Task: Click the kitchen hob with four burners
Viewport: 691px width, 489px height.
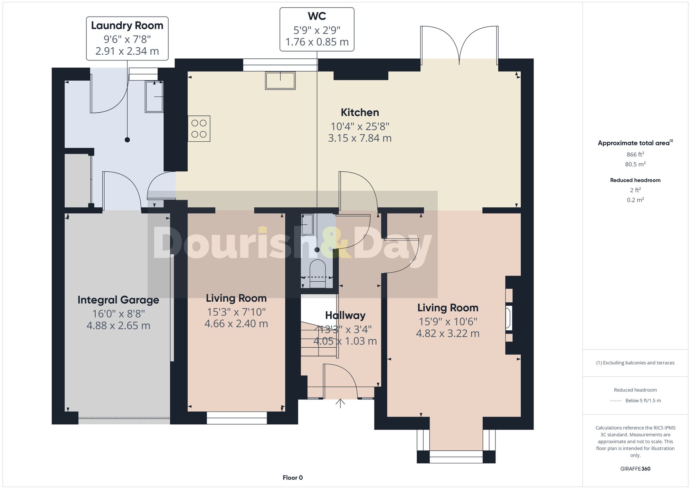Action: click(199, 129)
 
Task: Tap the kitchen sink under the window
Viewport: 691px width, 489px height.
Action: click(280, 81)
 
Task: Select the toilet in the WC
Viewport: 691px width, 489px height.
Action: click(318, 273)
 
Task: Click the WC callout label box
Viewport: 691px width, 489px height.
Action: click(317, 29)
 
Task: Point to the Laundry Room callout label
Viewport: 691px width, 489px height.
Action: click(127, 38)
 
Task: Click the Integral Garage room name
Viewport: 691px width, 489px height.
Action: click(118, 300)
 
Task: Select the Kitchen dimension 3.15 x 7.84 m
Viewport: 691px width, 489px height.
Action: click(360, 138)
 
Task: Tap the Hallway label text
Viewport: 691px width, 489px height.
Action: click(345, 316)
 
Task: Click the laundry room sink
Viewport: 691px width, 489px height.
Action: click(154, 97)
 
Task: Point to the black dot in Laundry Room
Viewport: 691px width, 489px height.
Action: click(127, 140)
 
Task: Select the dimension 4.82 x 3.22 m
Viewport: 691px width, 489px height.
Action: click(447, 333)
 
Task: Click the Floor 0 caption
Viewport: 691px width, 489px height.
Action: click(293, 478)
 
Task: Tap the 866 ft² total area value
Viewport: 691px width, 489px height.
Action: click(635, 154)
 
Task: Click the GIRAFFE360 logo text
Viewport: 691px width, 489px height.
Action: click(635, 469)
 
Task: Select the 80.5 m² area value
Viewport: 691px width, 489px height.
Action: click(635, 164)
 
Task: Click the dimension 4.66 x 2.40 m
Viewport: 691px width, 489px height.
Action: click(236, 324)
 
